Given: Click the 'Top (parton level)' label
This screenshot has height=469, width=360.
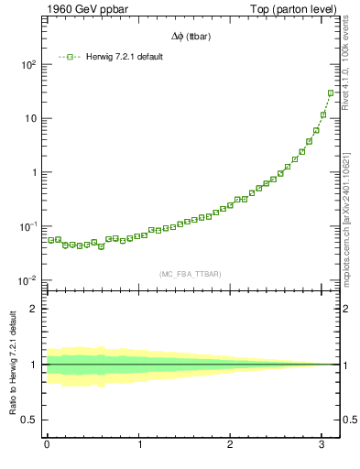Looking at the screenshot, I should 297,10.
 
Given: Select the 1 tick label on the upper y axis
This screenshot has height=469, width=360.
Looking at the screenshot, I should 34,172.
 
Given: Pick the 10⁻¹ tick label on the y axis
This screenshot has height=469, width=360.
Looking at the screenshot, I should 27,226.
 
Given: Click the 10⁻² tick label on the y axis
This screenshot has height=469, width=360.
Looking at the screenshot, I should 27,280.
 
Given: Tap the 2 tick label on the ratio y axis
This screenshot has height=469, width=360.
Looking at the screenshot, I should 35,309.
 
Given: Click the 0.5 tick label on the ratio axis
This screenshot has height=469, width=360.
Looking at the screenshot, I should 30,420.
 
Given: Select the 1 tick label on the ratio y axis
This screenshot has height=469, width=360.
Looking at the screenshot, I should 35,365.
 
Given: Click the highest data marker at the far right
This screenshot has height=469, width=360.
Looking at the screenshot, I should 331,93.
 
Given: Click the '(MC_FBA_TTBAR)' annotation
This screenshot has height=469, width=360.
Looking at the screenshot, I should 191,274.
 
